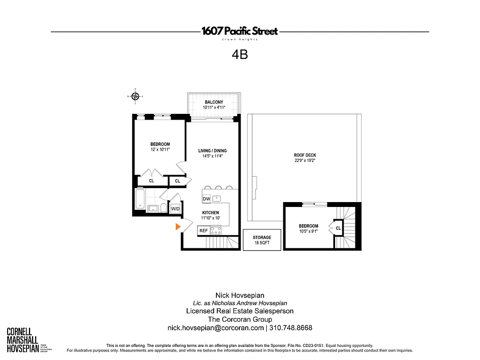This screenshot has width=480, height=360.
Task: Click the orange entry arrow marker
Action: click(178, 227)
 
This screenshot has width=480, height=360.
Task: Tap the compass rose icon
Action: click(135, 95)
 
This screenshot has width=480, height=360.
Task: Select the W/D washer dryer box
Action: click(175, 209)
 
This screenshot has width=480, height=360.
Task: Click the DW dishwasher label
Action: click(206, 198)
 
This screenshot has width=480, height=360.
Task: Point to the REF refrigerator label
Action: click(203, 230)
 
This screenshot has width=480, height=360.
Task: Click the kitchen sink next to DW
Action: click(218, 198)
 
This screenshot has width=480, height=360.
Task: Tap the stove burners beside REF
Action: click(216, 230)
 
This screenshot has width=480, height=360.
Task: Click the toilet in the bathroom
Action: click(162, 208)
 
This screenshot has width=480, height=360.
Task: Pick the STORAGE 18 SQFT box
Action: click(262, 240)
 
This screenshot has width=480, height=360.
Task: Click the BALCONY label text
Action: click(214, 102)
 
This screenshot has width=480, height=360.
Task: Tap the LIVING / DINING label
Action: click(212, 151)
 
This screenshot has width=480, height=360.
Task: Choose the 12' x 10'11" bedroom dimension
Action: click(160, 149)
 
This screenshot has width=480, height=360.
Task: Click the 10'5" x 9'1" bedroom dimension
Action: click(308, 231)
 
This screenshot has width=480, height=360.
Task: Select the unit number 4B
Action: click(240, 54)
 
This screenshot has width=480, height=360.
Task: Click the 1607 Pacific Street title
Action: click(240, 31)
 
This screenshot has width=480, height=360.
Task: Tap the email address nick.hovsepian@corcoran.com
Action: click(215, 328)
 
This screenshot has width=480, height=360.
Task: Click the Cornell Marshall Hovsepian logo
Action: click(22, 339)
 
